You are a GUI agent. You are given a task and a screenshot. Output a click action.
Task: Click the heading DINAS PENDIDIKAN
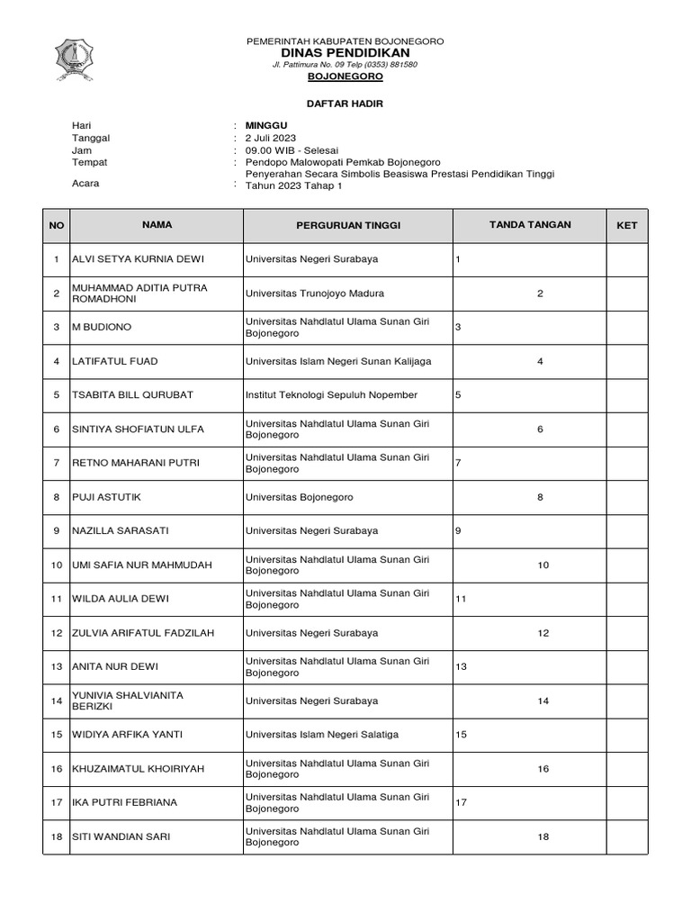click(345, 53)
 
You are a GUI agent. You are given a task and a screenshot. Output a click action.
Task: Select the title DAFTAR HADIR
click(345, 104)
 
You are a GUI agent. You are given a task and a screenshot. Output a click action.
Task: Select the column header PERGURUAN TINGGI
click(348, 225)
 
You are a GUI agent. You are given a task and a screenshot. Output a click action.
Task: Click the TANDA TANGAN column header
click(529, 225)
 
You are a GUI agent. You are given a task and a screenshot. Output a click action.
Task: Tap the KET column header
click(626, 225)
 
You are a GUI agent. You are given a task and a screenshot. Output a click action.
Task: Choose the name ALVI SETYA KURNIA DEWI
click(139, 259)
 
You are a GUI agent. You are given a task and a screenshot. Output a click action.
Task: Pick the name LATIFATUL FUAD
click(114, 361)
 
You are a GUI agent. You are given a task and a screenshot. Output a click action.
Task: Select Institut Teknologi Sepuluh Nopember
click(331, 395)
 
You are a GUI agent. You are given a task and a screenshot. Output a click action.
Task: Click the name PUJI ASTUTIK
click(106, 497)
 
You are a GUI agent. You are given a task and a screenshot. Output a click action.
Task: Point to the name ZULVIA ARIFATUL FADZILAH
click(143, 633)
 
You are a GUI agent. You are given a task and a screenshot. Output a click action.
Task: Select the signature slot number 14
click(543, 701)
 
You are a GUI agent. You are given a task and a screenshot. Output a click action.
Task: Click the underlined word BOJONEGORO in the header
click(345, 77)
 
